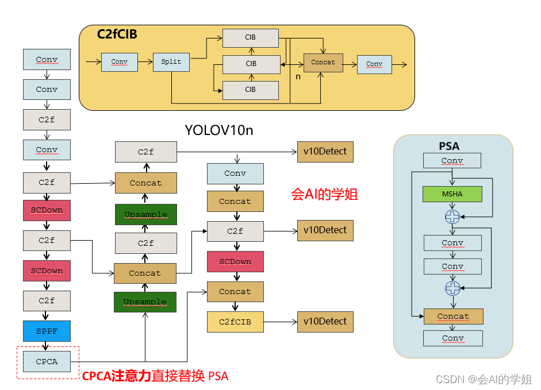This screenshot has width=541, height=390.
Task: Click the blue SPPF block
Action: click(x=47, y=331)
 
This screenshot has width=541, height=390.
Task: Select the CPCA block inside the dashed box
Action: click(x=47, y=362)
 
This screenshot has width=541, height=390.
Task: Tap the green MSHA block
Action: click(x=452, y=194)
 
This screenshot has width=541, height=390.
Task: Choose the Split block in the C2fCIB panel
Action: click(x=171, y=62)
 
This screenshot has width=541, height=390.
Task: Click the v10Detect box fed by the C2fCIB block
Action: click(x=325, y=322)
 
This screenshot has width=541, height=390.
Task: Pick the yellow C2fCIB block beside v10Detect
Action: click(x=235, y=322)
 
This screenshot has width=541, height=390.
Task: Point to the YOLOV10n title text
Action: click(x=218, y=130)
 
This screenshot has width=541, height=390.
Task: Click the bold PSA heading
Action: click(x=449, y=146)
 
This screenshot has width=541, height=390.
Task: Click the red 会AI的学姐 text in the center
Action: click(x=325, y=194)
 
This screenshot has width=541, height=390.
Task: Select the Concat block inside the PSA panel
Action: click(x=453, y=316)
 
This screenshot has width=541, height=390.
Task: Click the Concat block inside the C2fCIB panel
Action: click(x=323, y=63)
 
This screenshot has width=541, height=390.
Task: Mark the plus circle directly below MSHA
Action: click(x=452, y=217)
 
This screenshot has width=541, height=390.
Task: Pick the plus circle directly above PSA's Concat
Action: click(x=452, y=288)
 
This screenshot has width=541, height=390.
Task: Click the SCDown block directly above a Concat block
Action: click(x=235, y=262)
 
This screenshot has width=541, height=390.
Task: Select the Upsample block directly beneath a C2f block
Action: click(x=145, y=302)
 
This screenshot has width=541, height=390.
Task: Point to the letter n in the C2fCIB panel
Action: click(x=298, y=76)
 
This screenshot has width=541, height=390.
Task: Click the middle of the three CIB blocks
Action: click(x=251, y=64)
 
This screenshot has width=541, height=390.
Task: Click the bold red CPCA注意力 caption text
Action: click(x=117, y=377)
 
